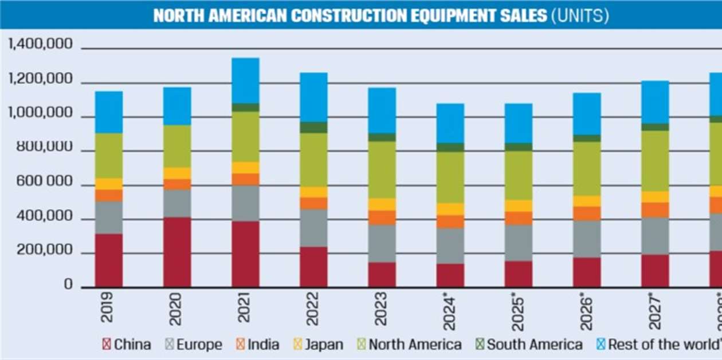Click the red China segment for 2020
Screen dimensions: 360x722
177,252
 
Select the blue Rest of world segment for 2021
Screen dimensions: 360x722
245,80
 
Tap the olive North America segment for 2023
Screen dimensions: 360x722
382,170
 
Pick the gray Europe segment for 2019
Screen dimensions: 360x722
109,217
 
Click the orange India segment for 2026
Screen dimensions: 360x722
587,213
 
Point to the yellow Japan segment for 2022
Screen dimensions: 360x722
313,192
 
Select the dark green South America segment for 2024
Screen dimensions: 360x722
450,147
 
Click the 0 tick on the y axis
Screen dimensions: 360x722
68,285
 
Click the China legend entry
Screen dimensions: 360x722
127,345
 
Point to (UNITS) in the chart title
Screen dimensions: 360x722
580,15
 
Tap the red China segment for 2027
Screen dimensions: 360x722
655,271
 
